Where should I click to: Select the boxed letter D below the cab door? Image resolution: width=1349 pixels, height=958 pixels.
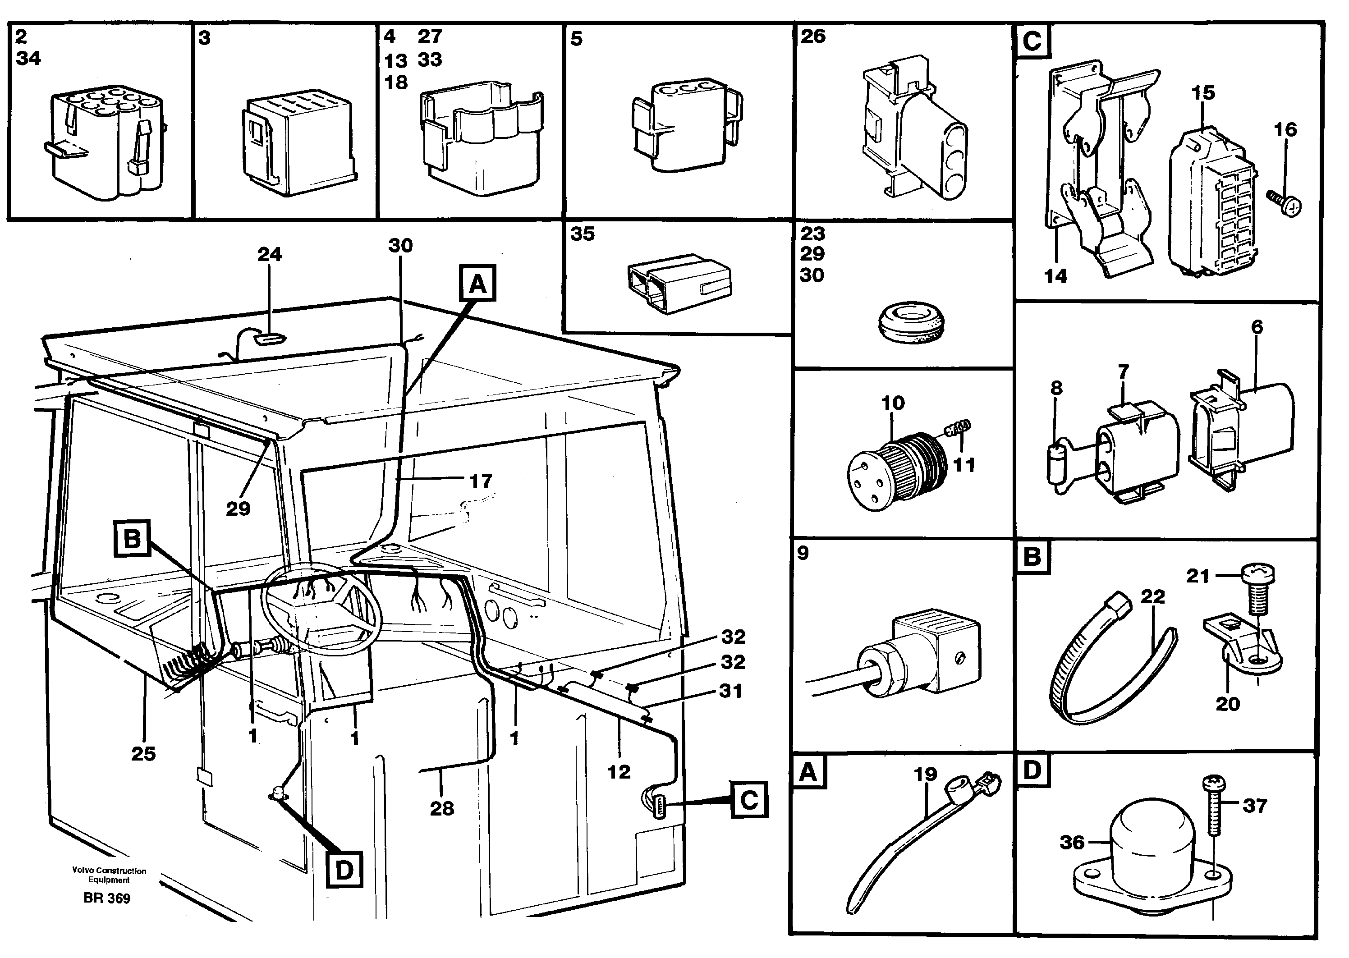tap(344, 870)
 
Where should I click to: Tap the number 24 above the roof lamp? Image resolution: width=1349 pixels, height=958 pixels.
tap(270, 254)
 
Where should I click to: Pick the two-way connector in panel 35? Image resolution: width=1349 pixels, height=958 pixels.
tap(679, 284)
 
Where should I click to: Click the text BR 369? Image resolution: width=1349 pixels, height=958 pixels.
tap(107, 898)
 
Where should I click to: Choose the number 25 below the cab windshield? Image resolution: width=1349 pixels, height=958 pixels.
tap(143, 753)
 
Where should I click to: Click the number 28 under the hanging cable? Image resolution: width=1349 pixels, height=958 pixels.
tap(442, 808)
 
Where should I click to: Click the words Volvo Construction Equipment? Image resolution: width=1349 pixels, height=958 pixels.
tap(109, 875)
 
